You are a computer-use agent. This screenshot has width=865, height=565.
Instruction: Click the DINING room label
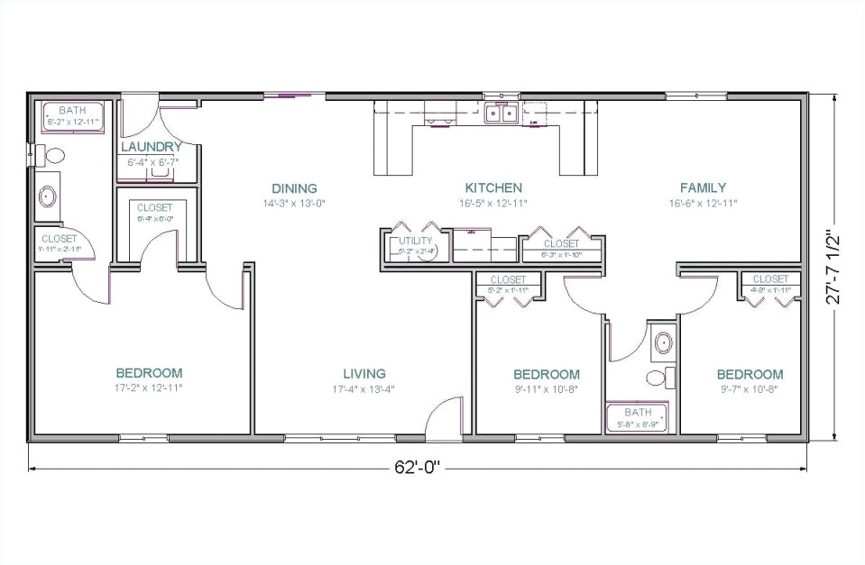(294, 188)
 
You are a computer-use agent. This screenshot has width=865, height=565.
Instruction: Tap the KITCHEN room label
(492, 187)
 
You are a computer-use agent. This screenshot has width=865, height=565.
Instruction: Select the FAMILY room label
(703, 187)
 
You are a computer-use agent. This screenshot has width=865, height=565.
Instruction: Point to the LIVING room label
(363, 373)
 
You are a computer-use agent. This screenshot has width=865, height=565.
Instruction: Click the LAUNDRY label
(152, 147)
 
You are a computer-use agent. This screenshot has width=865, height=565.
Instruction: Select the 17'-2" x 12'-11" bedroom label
(149, 373)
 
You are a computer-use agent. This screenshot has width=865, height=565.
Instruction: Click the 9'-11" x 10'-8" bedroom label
(547, 374)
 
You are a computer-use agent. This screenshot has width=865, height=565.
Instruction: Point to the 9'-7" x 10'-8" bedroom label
(750, 374)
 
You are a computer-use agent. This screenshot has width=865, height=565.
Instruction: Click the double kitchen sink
(500, 114)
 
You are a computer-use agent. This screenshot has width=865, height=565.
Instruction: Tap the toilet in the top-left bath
(51, 155)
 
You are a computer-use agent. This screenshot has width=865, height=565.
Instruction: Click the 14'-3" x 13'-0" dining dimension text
(294, 203)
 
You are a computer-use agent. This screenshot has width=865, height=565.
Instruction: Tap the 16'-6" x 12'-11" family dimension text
(703, 203)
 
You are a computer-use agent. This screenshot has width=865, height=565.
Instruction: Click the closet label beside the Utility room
(561, 243)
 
